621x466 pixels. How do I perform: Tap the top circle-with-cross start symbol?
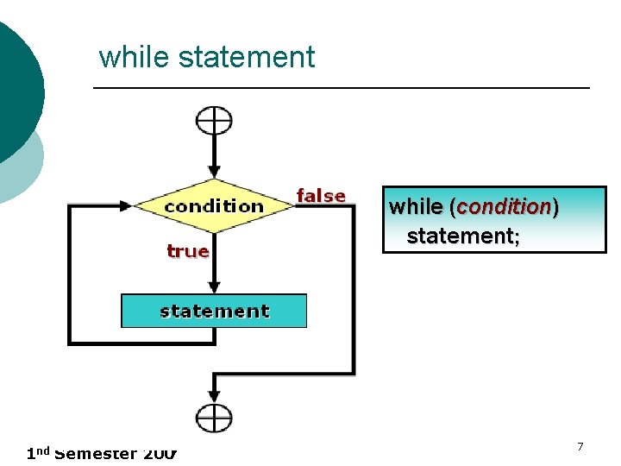click(214, 120)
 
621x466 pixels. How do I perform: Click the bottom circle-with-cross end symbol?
click(214, 419)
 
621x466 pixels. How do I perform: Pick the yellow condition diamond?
click(214, 205)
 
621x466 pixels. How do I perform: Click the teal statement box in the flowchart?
click(214, 311)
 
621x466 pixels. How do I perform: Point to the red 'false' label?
click(321, 197)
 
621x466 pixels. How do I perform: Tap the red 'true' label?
click(188, 251)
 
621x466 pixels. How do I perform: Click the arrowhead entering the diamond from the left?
click(126, 205)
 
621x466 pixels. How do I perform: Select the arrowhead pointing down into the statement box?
click(214, 287)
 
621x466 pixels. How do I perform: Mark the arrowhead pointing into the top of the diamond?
click(214, 172)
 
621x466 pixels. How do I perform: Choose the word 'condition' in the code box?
click(504, 207)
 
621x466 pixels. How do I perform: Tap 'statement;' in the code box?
click(463, 236)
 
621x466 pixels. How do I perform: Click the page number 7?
click(580, 446)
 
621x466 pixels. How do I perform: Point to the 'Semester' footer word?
click(95, 454)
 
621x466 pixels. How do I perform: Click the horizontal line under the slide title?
click(341, 88)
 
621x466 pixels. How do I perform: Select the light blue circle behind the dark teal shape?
click(26, 168)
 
